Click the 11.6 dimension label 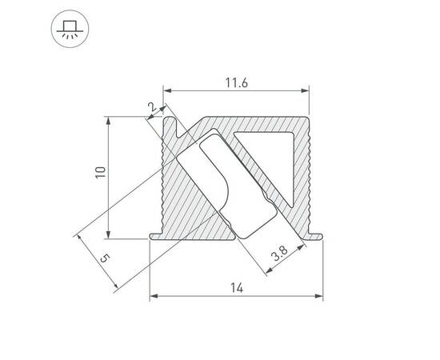tap(234, 81)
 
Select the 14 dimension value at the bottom tap(236, 288)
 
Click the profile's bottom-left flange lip tap(156, 235)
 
